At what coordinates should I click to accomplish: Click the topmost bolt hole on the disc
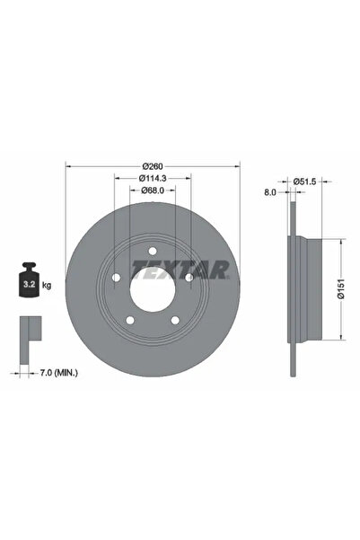[152, 251]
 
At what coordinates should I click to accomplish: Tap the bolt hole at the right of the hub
[189, 277]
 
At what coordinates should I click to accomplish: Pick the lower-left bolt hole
[131, 320]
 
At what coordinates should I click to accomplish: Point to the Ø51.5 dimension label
[309, 181]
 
